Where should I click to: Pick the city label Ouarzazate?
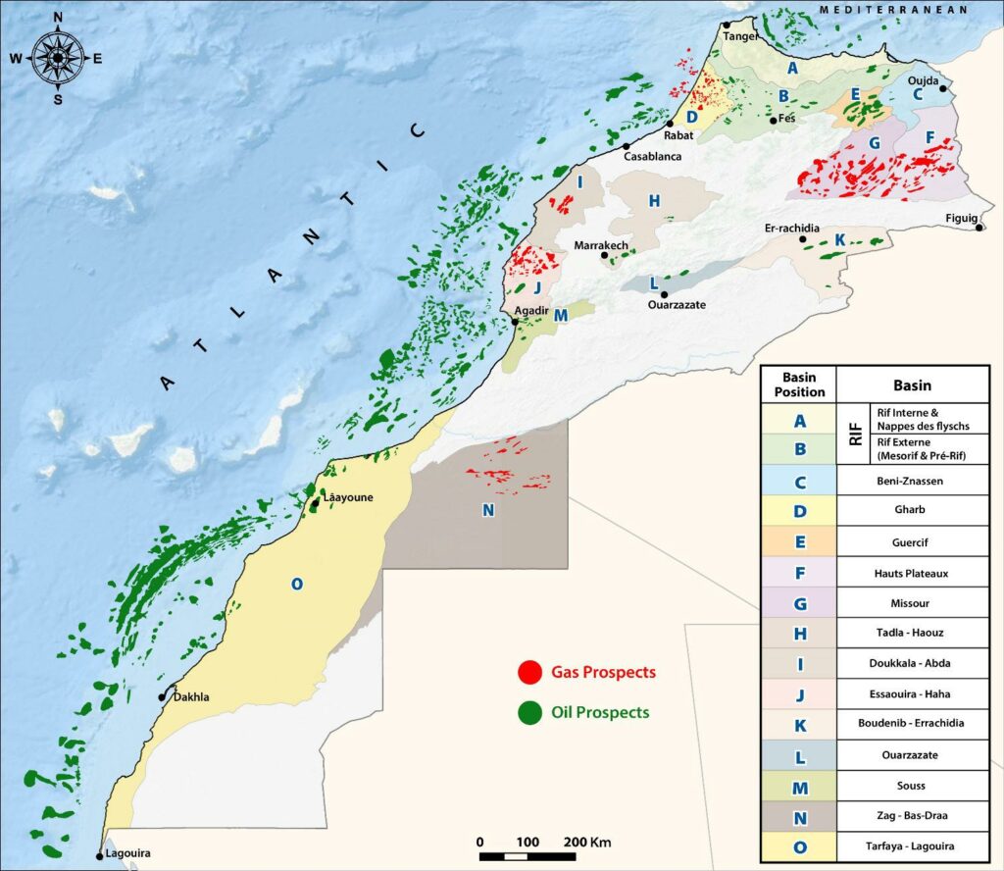coord(677,305)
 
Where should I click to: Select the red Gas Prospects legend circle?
coord(530,673)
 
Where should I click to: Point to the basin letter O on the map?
coord(295,585)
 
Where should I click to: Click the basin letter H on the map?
coord(654,201)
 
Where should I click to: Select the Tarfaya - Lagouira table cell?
coord(912,845)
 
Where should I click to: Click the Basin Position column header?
coord(798,385)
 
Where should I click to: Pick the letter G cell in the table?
coord(798,601)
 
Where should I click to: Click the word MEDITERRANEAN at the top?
coord(893,9)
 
